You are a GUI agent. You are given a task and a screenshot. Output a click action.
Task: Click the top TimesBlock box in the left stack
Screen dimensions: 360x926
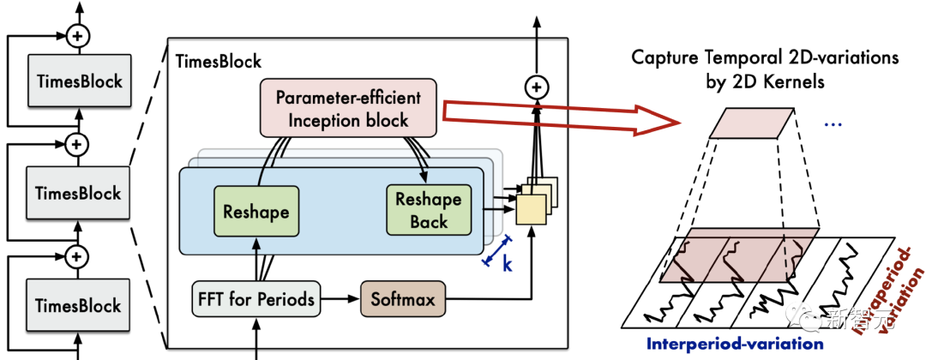click(x=79, y=82)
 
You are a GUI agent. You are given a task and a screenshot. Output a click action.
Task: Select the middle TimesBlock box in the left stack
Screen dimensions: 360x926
click(x=79, y=194)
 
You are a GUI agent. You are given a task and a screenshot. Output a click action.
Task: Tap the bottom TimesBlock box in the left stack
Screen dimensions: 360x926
click(x=79, y=306)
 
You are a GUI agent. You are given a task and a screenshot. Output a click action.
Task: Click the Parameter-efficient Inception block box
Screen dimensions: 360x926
click(x=348, y=107)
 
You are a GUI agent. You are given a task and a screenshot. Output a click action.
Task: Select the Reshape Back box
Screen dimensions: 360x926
click(x=429, y=211)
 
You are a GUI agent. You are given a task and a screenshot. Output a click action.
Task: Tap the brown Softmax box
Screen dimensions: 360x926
click(x=403, y=300)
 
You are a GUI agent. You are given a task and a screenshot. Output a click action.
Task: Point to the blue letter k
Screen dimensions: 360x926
click(x=507, y=264)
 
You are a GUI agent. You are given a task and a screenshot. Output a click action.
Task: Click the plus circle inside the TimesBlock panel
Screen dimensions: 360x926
click(x=537, y=87)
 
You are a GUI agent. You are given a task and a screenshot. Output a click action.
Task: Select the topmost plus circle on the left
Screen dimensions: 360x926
click(x=79, y=36)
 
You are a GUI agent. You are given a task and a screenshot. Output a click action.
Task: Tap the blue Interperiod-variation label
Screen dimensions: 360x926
click(x=734, y=345)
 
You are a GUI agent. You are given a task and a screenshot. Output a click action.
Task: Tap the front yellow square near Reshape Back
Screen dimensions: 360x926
click(x=530, y=208)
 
